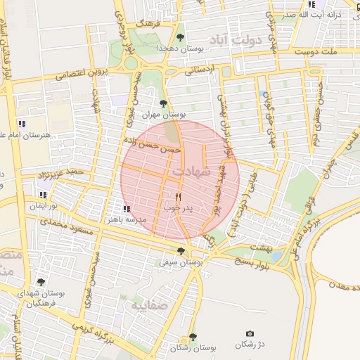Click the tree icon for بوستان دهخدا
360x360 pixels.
[181, 37]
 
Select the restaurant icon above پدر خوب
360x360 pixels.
[178, 197]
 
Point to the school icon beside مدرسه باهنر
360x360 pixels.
[127, 209]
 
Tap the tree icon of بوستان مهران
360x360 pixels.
[163, 103]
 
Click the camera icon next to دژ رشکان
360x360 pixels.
[250, 333]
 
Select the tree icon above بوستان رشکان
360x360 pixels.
[193, 337]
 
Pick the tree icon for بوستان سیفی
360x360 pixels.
[181, 251]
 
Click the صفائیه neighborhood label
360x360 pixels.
[148, 307]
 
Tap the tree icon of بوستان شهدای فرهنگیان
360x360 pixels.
[40, 282]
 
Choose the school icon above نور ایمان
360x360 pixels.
[43, 195]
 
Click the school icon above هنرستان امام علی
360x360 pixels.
[22, 124]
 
